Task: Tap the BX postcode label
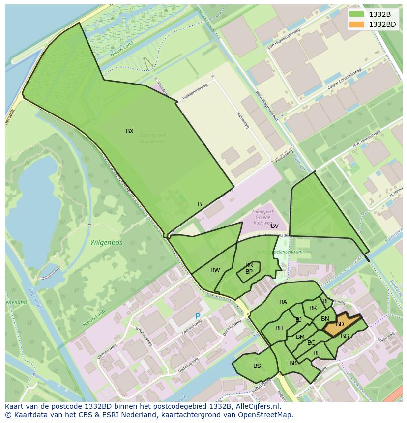[x=130, y=131]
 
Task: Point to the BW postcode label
[x=215, y=270]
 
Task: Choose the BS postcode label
[x=257, y=366]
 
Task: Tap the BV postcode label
[x=275, y=226]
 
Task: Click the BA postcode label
[x=283, y=302]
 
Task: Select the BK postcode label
[x=313, y=308]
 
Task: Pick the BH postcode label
[x=279, y=328]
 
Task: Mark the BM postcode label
[x=300, y=337]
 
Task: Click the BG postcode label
[x=345, y=336]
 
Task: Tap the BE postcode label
[x=317, y=353]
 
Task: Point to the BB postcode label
[x=293, y=363]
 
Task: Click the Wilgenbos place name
[x=106, y=243]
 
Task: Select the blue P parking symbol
[x=198, y=317]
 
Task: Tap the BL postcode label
[x=326, y=301]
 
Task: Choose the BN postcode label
[x=325, y=319]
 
